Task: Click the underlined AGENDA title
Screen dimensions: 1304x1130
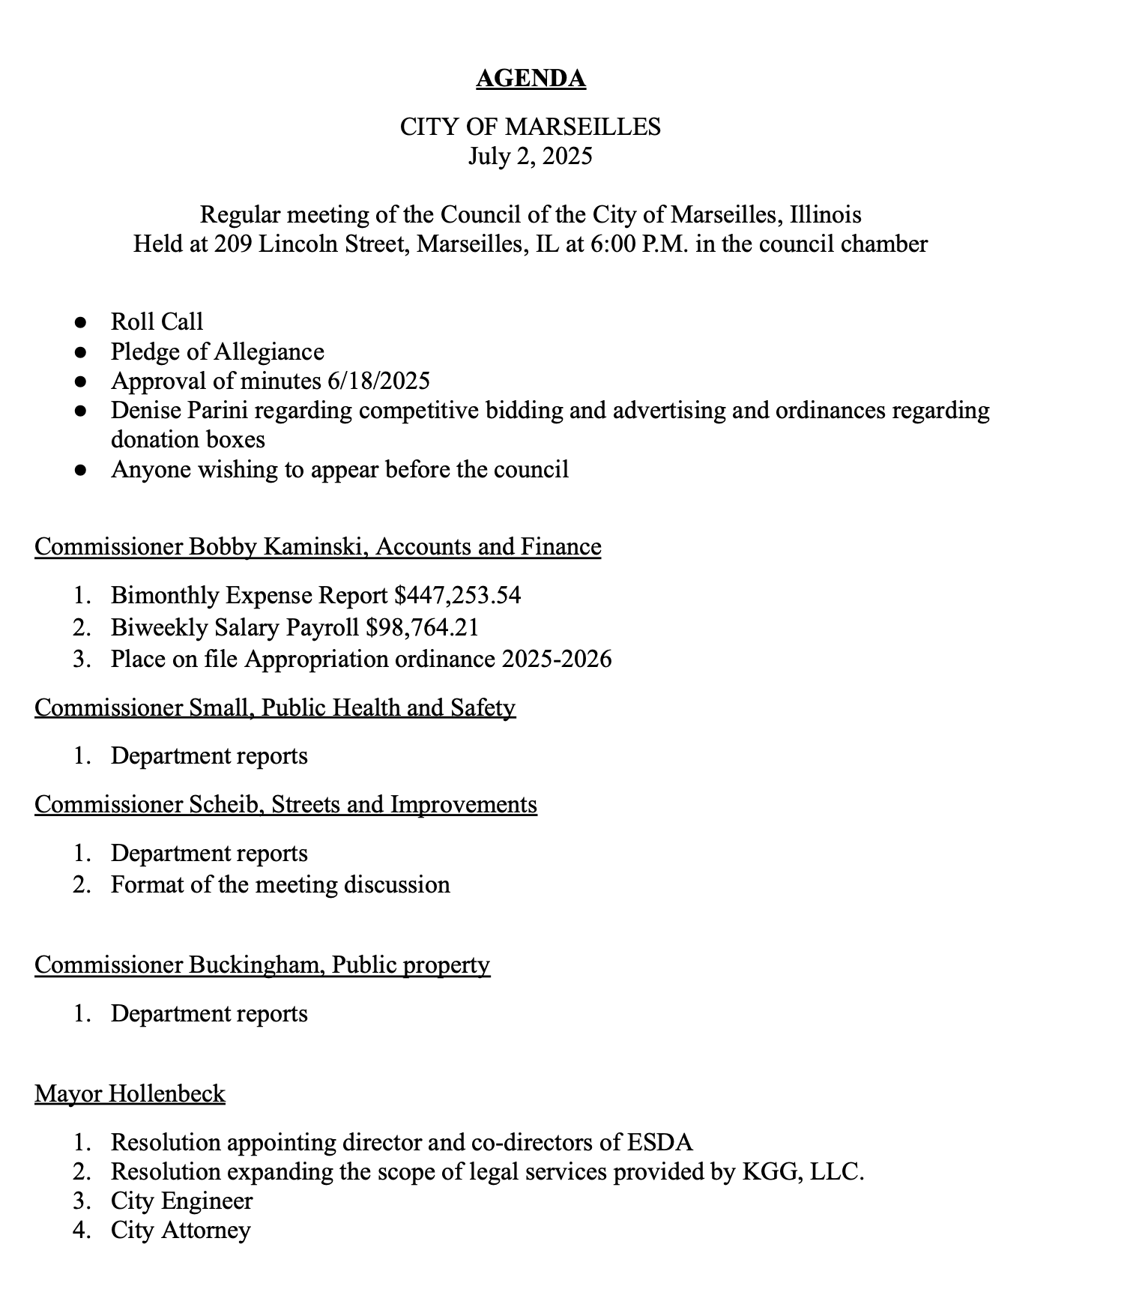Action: (x=531, y=79)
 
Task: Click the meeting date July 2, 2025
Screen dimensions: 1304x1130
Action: (x=531, y=156)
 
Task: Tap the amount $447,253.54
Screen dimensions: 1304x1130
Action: (x=457, y=595)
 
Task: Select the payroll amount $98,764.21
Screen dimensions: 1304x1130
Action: (x=423, y=627)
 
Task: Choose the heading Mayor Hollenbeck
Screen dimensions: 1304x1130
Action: (x=130, y=1093)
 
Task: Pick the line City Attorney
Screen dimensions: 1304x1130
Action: (x=181, y=1230)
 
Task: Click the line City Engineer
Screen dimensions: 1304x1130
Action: (x=182, y=1201)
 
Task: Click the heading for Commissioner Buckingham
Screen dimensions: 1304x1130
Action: (x=262, y=965)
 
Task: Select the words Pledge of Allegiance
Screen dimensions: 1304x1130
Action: (x=217, y=351)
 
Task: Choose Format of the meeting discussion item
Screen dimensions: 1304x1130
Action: (x=280, y=884)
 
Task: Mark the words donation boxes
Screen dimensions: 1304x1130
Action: (x=187, y=439)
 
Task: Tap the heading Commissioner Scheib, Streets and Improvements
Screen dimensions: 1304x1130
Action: (x=285, y=804)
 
